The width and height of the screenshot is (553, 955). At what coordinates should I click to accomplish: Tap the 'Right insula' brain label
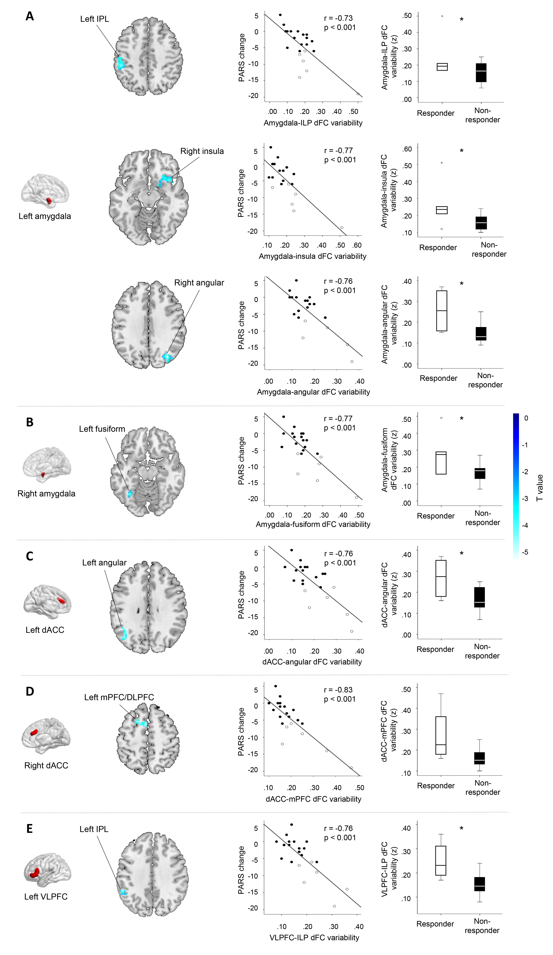tap(202, 151)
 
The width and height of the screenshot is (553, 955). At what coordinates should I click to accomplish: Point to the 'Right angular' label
tap(199, 283)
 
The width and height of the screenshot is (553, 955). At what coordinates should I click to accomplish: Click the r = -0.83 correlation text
tap(338, 690)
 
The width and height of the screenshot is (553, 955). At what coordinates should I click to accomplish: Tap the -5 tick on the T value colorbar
tap(525, 552)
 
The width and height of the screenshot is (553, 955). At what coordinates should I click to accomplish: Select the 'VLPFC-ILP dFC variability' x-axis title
tap(314, 938)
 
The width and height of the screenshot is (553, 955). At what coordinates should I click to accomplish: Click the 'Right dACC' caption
tap(46, 766)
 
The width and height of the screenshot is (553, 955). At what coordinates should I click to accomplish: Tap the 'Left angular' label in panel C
tap(104, 563)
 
